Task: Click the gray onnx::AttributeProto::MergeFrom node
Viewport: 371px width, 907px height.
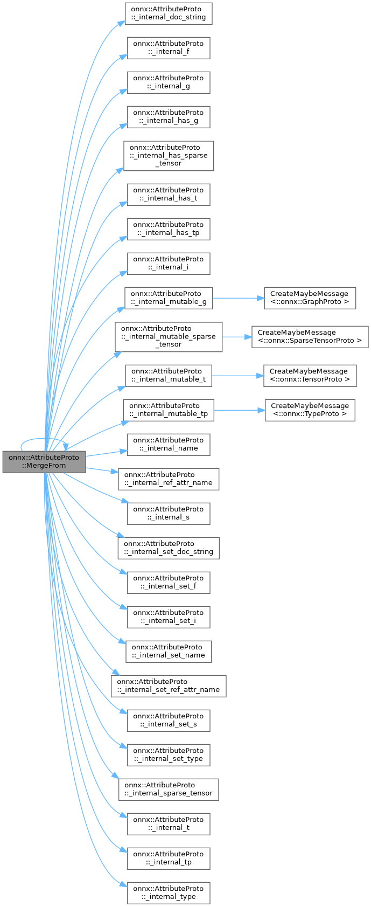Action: [44, 461]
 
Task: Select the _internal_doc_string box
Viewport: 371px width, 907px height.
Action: [169, 13]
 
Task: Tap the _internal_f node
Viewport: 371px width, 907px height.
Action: [169, 47]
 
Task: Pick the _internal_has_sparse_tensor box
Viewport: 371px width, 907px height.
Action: [169, 155]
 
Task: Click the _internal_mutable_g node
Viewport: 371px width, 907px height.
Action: [169, 297]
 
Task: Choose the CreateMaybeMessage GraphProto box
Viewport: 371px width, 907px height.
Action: [310, 297]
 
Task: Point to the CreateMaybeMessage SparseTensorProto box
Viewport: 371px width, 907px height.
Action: [310, 336]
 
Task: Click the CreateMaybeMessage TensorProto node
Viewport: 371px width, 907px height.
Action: [310, 375]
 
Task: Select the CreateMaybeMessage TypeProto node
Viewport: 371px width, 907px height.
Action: [310, 410]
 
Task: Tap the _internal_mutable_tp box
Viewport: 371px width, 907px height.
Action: [169, 410]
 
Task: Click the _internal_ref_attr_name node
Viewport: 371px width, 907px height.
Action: [169, 479]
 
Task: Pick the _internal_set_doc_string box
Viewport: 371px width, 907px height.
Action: [169, 548]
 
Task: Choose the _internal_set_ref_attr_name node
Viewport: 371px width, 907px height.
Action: [169, 686]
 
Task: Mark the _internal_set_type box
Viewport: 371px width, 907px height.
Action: [169, 754]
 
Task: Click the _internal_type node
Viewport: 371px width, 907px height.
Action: [169, 892]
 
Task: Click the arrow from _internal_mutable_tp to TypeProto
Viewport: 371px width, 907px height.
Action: [240, 410]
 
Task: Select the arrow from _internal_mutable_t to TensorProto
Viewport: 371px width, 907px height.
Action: [237, 375]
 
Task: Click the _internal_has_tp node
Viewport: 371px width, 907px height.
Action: [169, 229]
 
